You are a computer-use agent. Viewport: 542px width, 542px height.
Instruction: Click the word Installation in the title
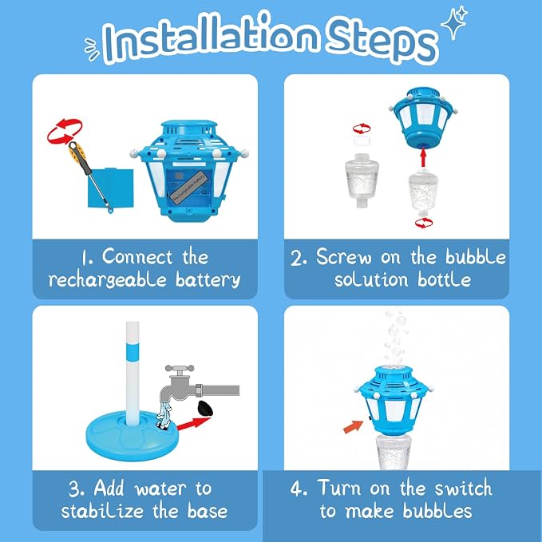click(210, 37)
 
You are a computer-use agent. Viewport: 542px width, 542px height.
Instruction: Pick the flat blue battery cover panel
click(111, 188)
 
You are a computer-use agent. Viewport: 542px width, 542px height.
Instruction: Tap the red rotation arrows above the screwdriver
click(65, 132)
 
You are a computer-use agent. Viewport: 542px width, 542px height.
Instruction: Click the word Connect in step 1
click(136, 257)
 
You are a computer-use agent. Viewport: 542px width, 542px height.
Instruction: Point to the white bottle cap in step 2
click(362, 140)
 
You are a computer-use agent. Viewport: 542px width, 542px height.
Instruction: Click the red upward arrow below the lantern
click(423, 157)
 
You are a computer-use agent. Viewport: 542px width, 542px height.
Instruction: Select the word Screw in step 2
click(343, 257)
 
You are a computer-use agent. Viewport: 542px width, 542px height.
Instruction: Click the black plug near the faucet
click(205, 409)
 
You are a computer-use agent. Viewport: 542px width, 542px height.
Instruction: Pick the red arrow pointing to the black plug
click(193, 424)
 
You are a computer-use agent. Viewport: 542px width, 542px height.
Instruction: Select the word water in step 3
click(160, 489)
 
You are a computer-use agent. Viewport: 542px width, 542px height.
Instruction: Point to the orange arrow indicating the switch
click(354, 426)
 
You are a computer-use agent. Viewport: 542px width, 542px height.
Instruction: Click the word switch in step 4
click(463, 489)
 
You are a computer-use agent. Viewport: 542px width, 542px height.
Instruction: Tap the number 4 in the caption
click(296, 489)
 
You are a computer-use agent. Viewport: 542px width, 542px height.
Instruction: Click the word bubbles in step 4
click(437, 511)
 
